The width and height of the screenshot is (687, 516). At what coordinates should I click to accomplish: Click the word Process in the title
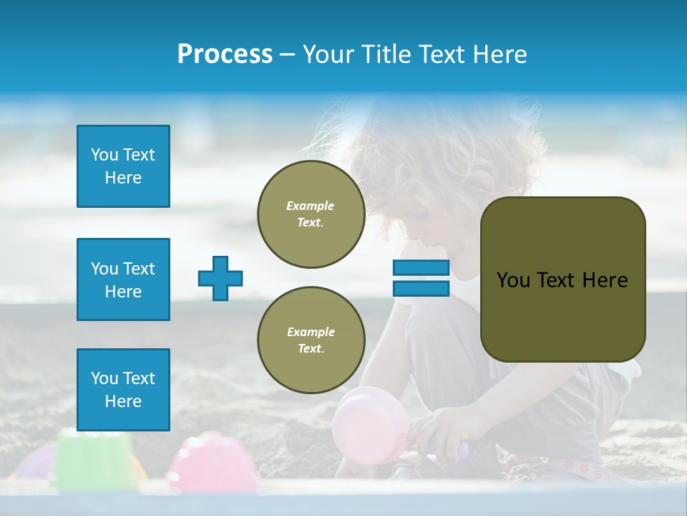pos(225,54)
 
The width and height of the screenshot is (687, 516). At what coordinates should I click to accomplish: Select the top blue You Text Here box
pos(123,166)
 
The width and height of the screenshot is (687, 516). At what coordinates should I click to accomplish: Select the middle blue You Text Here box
pos(123,279)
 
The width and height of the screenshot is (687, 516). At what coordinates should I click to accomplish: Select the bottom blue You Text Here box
pos(123,390)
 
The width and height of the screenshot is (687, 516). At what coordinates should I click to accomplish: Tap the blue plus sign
pos(220,279)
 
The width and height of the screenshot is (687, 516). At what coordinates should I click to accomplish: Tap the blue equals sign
pos(421,278)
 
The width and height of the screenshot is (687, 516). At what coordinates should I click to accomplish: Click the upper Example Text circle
pos(311,214)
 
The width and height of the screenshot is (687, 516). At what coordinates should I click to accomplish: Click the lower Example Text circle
pos(311,340)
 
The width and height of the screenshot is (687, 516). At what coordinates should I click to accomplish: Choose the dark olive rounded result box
pos(562,279)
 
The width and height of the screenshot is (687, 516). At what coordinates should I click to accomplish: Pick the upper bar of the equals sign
pos(421,268)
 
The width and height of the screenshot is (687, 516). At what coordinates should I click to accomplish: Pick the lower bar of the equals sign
pos(421,288)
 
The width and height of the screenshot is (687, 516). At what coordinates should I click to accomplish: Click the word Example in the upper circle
pos(311,206)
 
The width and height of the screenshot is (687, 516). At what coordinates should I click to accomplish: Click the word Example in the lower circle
pos(311,332)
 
